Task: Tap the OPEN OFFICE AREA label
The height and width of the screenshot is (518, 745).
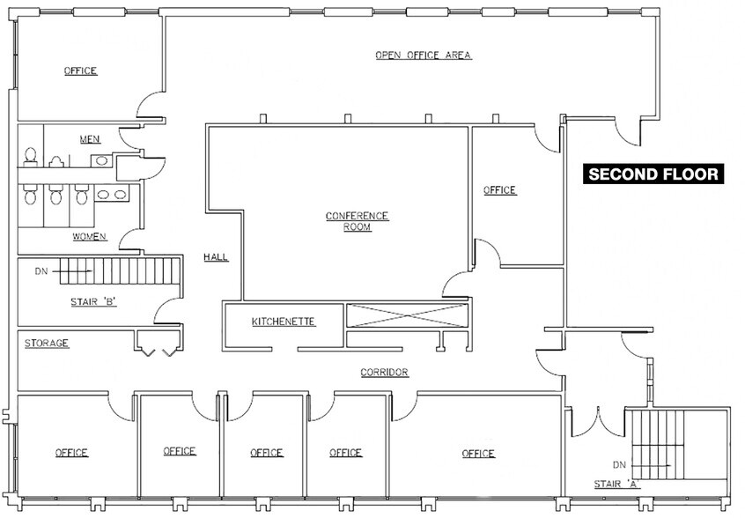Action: (424, 55)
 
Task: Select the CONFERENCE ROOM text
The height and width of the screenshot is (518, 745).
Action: (357, 221)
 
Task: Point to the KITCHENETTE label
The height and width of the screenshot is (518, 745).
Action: (284, 321)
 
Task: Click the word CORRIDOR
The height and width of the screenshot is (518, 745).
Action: (384, 373)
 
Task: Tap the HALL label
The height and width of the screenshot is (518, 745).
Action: (216, 257)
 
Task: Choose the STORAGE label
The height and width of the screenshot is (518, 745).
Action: (47, 343)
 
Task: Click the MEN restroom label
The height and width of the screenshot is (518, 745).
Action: (90, 139)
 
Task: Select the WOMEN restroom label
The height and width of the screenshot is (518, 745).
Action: (90, 237)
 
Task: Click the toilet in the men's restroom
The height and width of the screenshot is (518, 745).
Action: (30, 156)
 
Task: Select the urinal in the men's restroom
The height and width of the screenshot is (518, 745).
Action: (56, 161)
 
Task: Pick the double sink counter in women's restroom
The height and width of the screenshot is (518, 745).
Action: (111, 195)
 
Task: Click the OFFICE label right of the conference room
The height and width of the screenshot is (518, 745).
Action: (499, 190)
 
